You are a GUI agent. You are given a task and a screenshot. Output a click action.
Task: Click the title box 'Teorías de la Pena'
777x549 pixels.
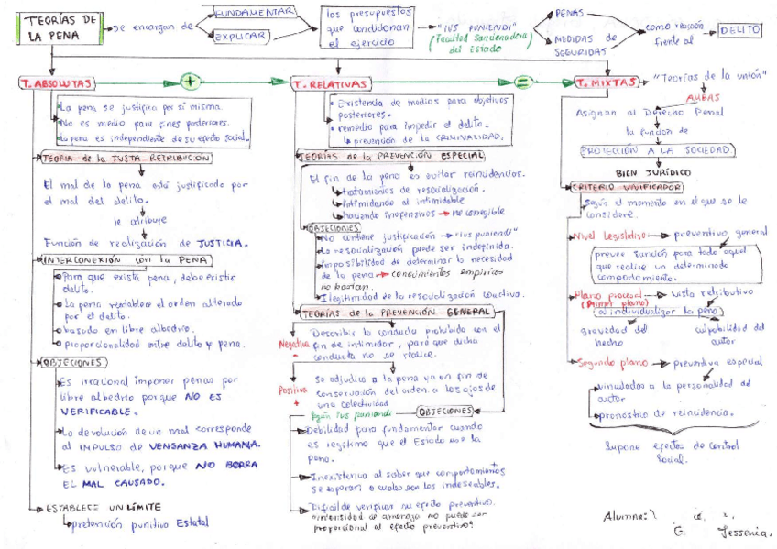coord(50,27)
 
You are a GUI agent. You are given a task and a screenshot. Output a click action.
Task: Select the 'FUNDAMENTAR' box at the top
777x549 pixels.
coord(254,11)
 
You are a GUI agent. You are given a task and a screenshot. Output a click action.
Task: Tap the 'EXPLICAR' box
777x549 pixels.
coord(240,37)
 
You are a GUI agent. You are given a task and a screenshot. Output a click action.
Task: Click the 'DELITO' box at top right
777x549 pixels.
coord(739,30)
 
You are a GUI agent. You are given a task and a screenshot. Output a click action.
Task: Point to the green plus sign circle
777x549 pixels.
coord(191,81)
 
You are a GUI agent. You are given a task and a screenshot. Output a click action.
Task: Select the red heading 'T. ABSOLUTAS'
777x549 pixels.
coord(56,83)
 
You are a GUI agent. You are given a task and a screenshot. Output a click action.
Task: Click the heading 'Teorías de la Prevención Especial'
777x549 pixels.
coord(393,156)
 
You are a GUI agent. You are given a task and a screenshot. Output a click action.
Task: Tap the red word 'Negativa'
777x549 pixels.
coord(296,342)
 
